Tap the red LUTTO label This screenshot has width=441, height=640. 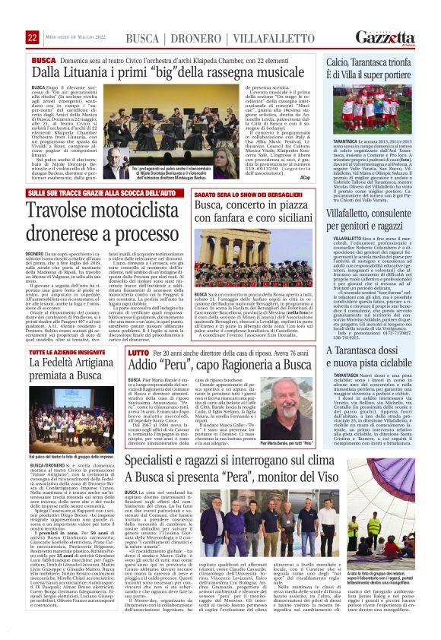138,354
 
